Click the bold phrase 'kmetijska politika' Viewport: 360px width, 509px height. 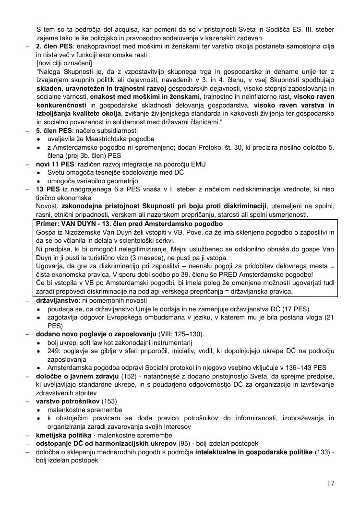point(63,435)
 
